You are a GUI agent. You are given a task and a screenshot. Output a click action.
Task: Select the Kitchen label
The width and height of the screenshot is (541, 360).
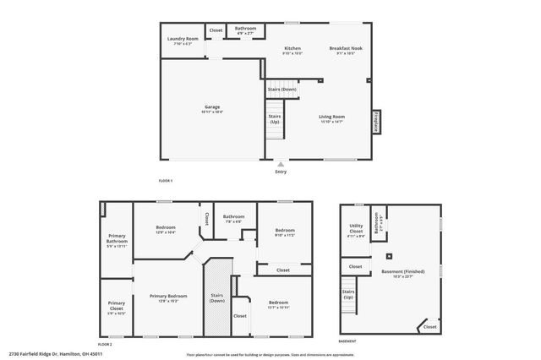292,49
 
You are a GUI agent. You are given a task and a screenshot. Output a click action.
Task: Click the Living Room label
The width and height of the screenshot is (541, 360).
331,117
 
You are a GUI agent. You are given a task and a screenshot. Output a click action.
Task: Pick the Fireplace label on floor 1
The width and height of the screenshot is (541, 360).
375,123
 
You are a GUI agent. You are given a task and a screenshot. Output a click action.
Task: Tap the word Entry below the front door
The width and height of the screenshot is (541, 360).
281,172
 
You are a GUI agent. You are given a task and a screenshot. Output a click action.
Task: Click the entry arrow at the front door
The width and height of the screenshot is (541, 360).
281,164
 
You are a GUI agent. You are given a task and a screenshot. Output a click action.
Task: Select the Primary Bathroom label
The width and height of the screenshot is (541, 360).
117,239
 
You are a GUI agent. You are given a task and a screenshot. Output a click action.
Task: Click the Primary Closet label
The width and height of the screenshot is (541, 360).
117,305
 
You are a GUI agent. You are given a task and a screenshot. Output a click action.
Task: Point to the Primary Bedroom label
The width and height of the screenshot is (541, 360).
164,297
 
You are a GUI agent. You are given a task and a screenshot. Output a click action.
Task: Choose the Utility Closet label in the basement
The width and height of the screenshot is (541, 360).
356,228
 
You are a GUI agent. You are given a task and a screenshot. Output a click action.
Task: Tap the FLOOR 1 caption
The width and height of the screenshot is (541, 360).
166,181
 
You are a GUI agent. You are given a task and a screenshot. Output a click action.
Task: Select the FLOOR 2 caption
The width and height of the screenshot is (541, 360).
105,345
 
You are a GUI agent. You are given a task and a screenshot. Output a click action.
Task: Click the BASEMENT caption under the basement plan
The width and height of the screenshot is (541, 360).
347,341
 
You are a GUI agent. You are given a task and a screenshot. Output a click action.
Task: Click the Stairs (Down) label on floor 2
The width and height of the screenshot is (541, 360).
217,297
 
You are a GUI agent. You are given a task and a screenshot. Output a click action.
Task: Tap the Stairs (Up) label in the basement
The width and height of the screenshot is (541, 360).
347,295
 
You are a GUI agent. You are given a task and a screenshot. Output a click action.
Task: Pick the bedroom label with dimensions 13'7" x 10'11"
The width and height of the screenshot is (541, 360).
278,303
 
